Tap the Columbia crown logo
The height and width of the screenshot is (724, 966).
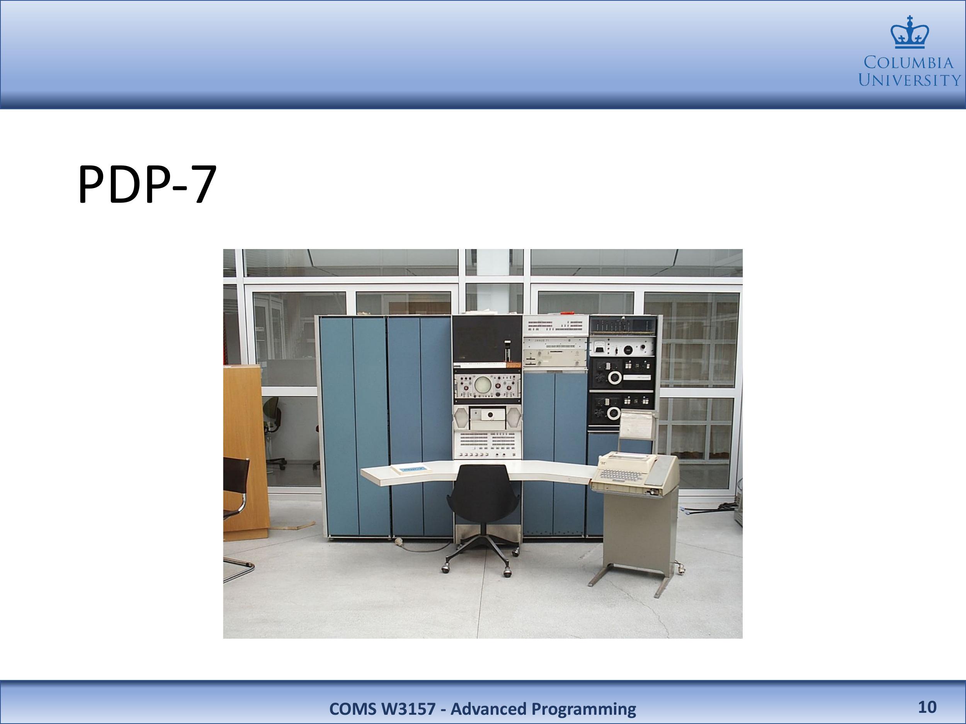coord(910,32)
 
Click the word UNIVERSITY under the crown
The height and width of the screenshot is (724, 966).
coord(910,80)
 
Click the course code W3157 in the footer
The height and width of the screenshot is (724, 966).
coord(408,709)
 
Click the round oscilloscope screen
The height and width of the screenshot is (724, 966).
coord(483,384)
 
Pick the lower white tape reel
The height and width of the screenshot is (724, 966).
coord(614,412)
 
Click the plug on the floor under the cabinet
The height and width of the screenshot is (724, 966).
coord(398,543)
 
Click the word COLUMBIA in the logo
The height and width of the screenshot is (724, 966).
coord(908,63)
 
